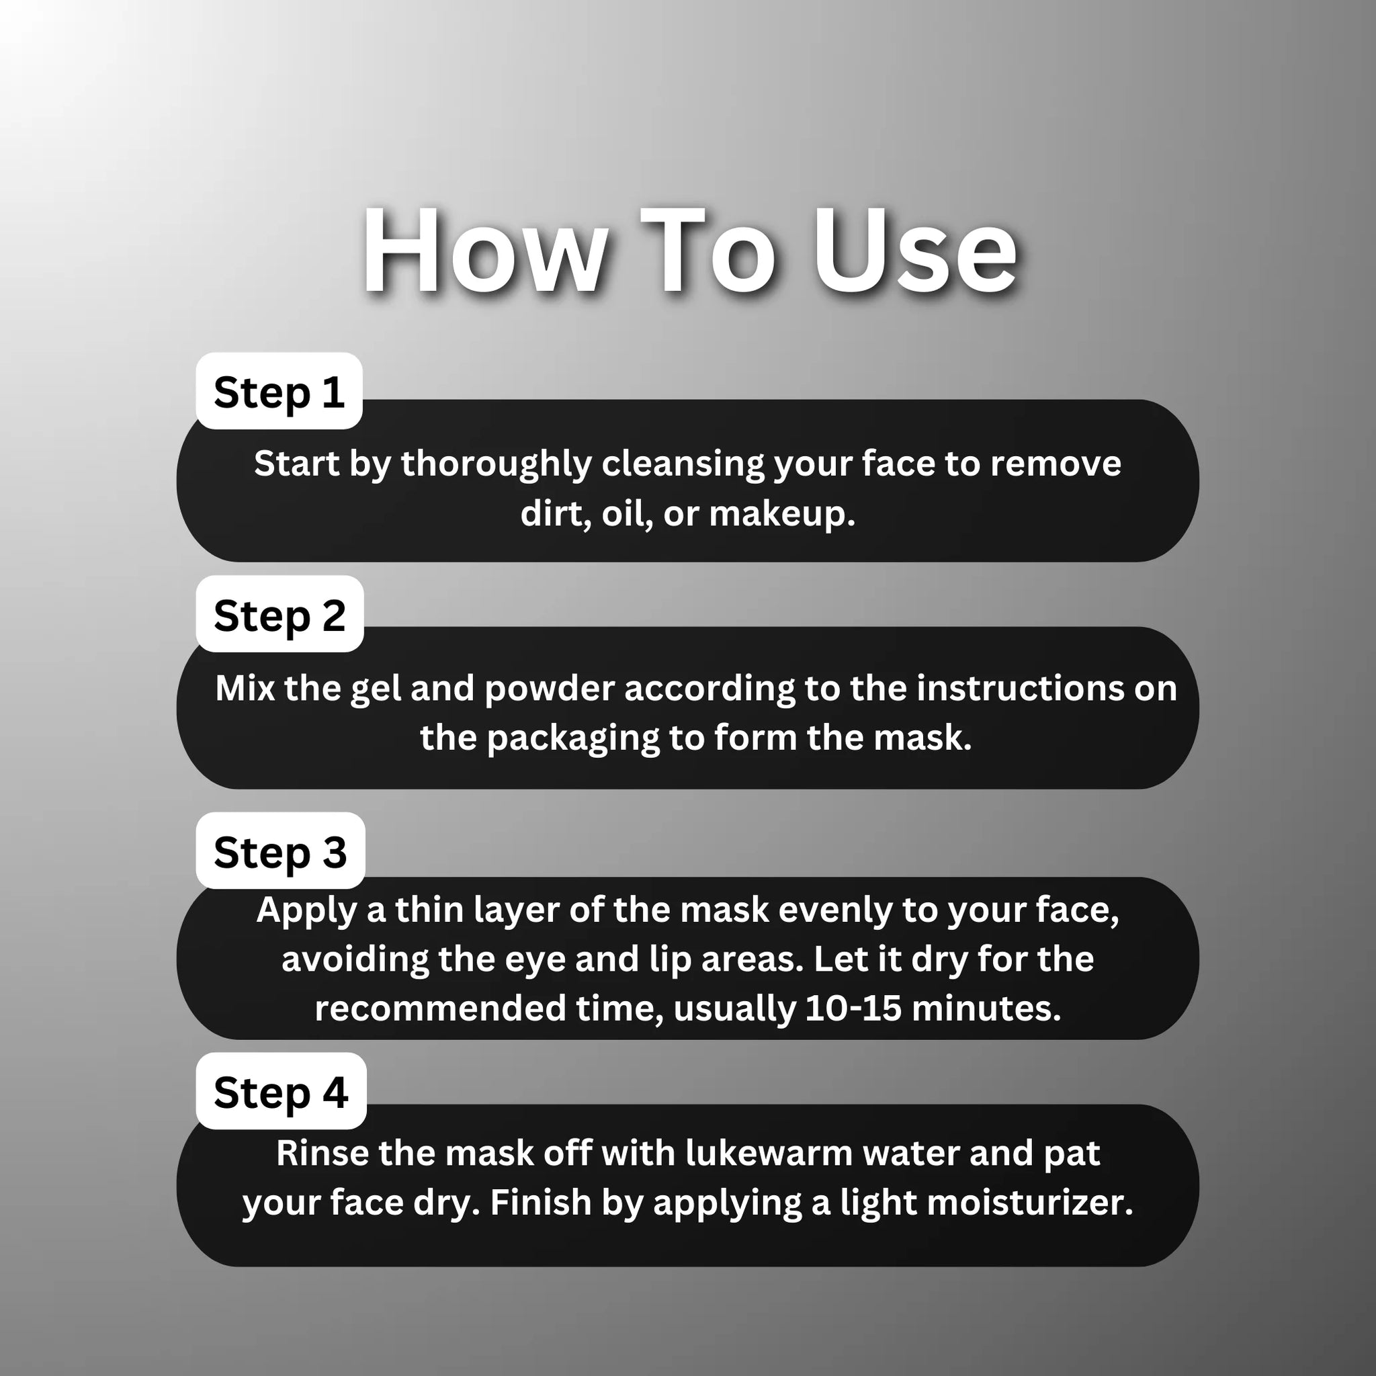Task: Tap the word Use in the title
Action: [914, 252]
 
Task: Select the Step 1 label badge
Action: [279, 392]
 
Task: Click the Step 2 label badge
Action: [280, 615]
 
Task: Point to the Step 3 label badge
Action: [281, 851]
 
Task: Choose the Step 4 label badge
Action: [282, 1092]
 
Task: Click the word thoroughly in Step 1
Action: [497, 464]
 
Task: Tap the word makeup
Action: [781, 513]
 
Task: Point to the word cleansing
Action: [683, 464]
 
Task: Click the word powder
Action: [549, 689]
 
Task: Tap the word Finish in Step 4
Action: [542, 1203]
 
